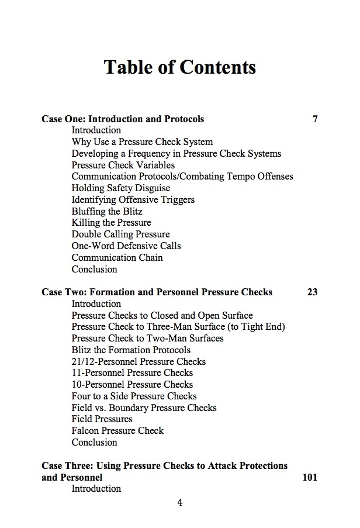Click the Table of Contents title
click(179, 67)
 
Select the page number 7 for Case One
click(315, 119)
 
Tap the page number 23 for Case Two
click(312, 292)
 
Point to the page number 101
click(310, 477)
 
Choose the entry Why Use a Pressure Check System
click(142, 142)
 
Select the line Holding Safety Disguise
click(121, 188)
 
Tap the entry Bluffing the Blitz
click(107, 211)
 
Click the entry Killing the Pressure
click(111, 223)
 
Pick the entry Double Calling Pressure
click(120, 234)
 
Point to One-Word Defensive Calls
click(126, 246)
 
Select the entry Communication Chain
click(117, 257)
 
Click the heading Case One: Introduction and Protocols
click(123, 119)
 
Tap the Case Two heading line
click(157, 292)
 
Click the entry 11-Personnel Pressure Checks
click(132, 373)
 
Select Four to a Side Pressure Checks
click(134, 396)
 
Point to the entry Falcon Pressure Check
click(117, 430)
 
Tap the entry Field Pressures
click(102, 419)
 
